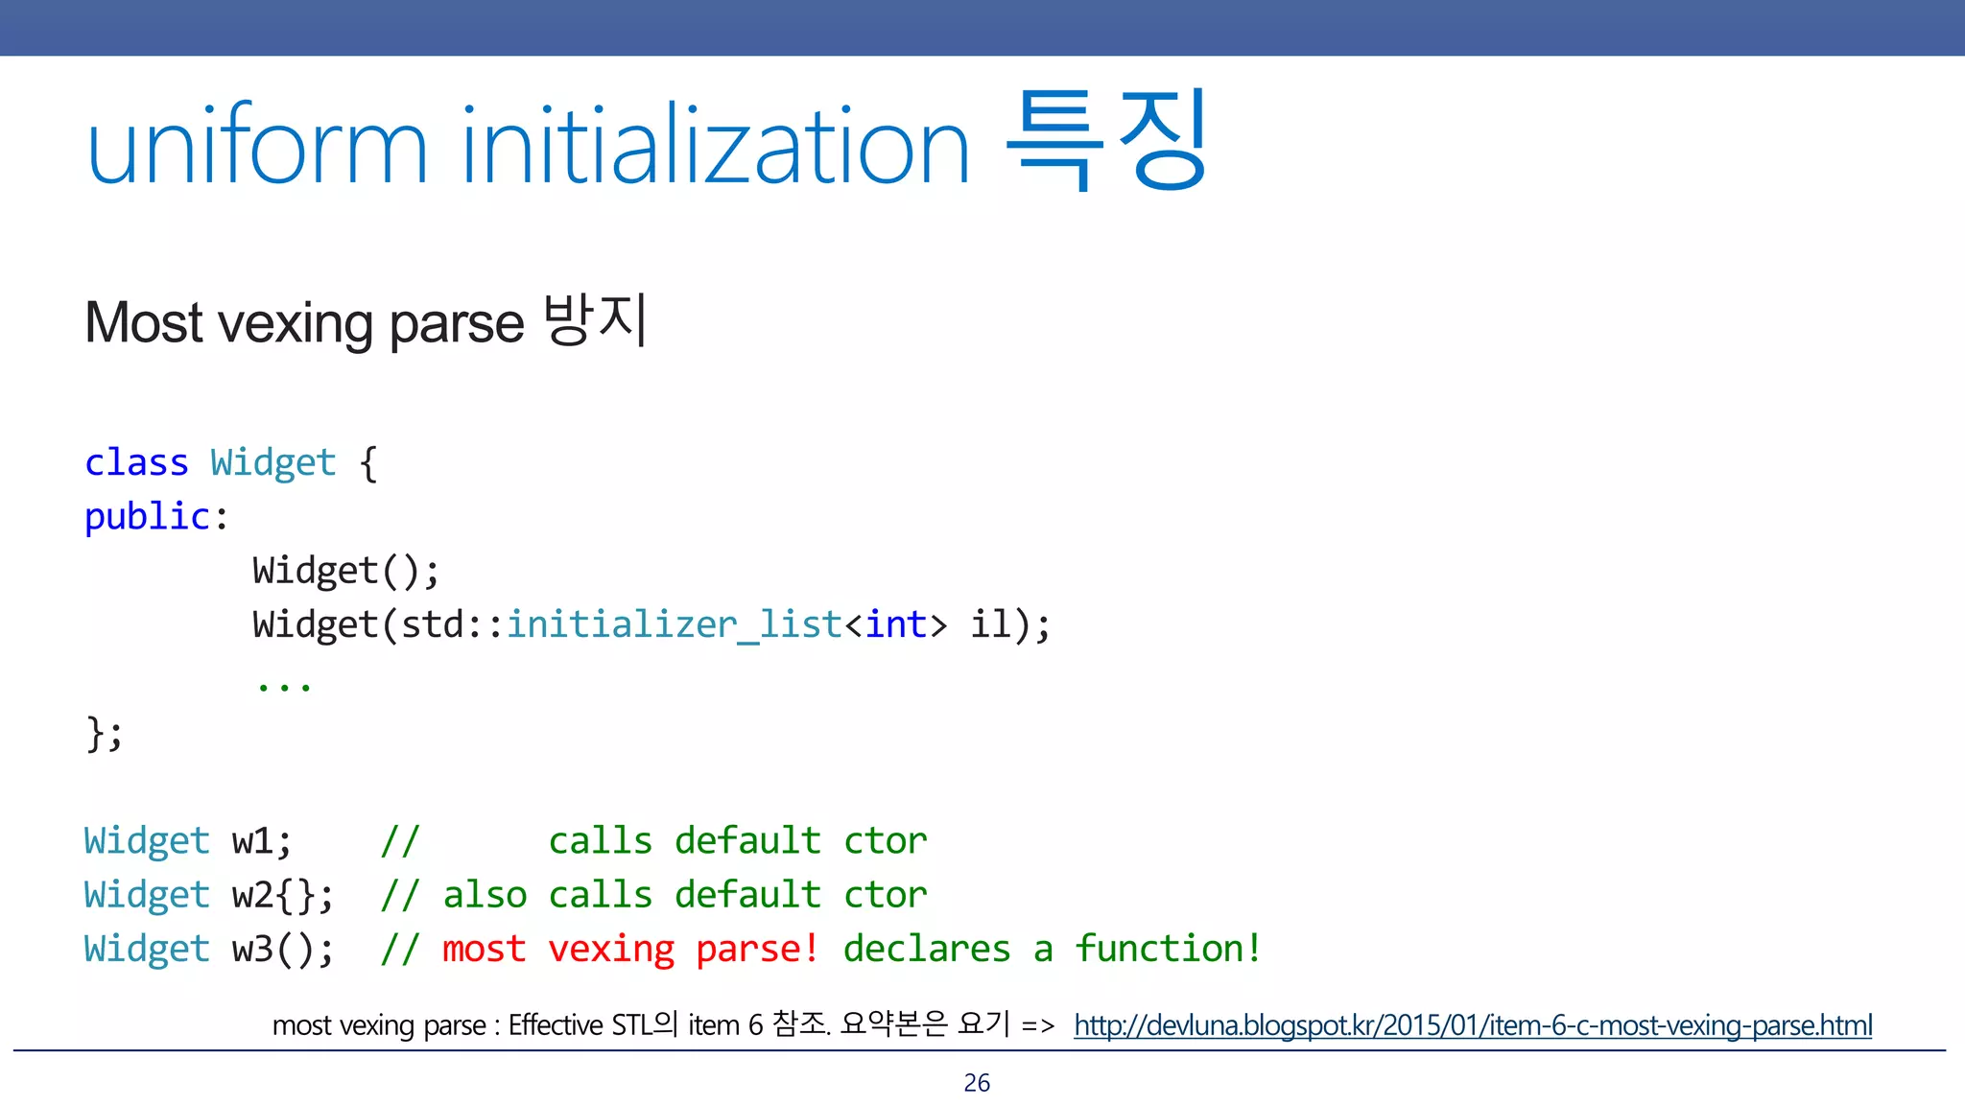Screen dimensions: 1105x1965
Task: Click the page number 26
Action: (977, 1083)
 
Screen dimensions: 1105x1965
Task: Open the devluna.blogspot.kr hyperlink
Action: (1472, 1025)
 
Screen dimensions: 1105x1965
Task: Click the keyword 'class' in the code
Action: (136, 462)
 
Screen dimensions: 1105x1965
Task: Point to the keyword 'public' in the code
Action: (147, 517)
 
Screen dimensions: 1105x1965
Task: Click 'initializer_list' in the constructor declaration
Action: (674, 624)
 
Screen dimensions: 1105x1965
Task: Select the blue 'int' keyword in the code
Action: (896, 624)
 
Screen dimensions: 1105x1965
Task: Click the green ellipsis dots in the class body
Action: (284, 684)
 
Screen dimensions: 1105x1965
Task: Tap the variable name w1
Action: (253, 841)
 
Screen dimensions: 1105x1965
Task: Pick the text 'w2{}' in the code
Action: (274, 895)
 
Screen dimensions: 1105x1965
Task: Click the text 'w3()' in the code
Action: (274, 949)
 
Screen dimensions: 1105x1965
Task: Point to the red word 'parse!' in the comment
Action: (757, 949)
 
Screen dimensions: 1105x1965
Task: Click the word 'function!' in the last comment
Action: (1168, 949)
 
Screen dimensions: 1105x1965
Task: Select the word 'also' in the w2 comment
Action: (485, 895)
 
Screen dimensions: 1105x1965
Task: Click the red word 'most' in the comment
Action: (484, 949)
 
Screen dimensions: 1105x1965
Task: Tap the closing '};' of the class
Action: (105, 734)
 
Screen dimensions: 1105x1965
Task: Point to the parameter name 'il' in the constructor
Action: (991, 624)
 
